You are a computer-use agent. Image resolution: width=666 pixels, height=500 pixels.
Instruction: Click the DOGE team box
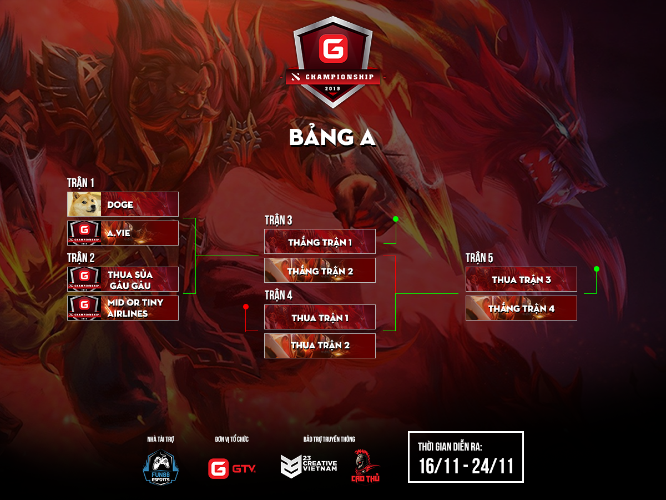click(139, 204)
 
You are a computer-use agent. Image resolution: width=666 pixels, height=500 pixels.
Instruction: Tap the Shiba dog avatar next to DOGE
click(84, 204)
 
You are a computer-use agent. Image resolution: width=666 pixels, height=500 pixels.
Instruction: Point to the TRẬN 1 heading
click(81, 183)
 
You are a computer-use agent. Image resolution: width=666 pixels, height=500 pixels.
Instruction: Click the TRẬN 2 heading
click(81, 258)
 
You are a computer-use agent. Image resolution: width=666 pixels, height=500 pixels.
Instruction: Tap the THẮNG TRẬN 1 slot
click(320, 242)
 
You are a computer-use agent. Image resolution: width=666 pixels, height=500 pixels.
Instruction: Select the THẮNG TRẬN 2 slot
click(320, 271)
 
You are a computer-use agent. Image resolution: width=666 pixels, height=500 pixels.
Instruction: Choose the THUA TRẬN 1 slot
click(320, 317)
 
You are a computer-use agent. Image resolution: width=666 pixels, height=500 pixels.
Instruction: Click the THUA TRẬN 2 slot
click(320, 346)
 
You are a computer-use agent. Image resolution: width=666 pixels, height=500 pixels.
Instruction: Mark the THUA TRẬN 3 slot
click(521, 279)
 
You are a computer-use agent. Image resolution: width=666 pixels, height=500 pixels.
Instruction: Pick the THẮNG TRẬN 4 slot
click(521, 308)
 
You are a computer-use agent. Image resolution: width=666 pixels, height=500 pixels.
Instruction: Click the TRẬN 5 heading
click(480, 258)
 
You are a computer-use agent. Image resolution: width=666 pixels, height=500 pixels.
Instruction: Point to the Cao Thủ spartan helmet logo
click(365, 464)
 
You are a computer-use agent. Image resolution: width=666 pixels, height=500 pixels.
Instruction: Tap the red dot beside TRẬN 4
click(245, 307)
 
